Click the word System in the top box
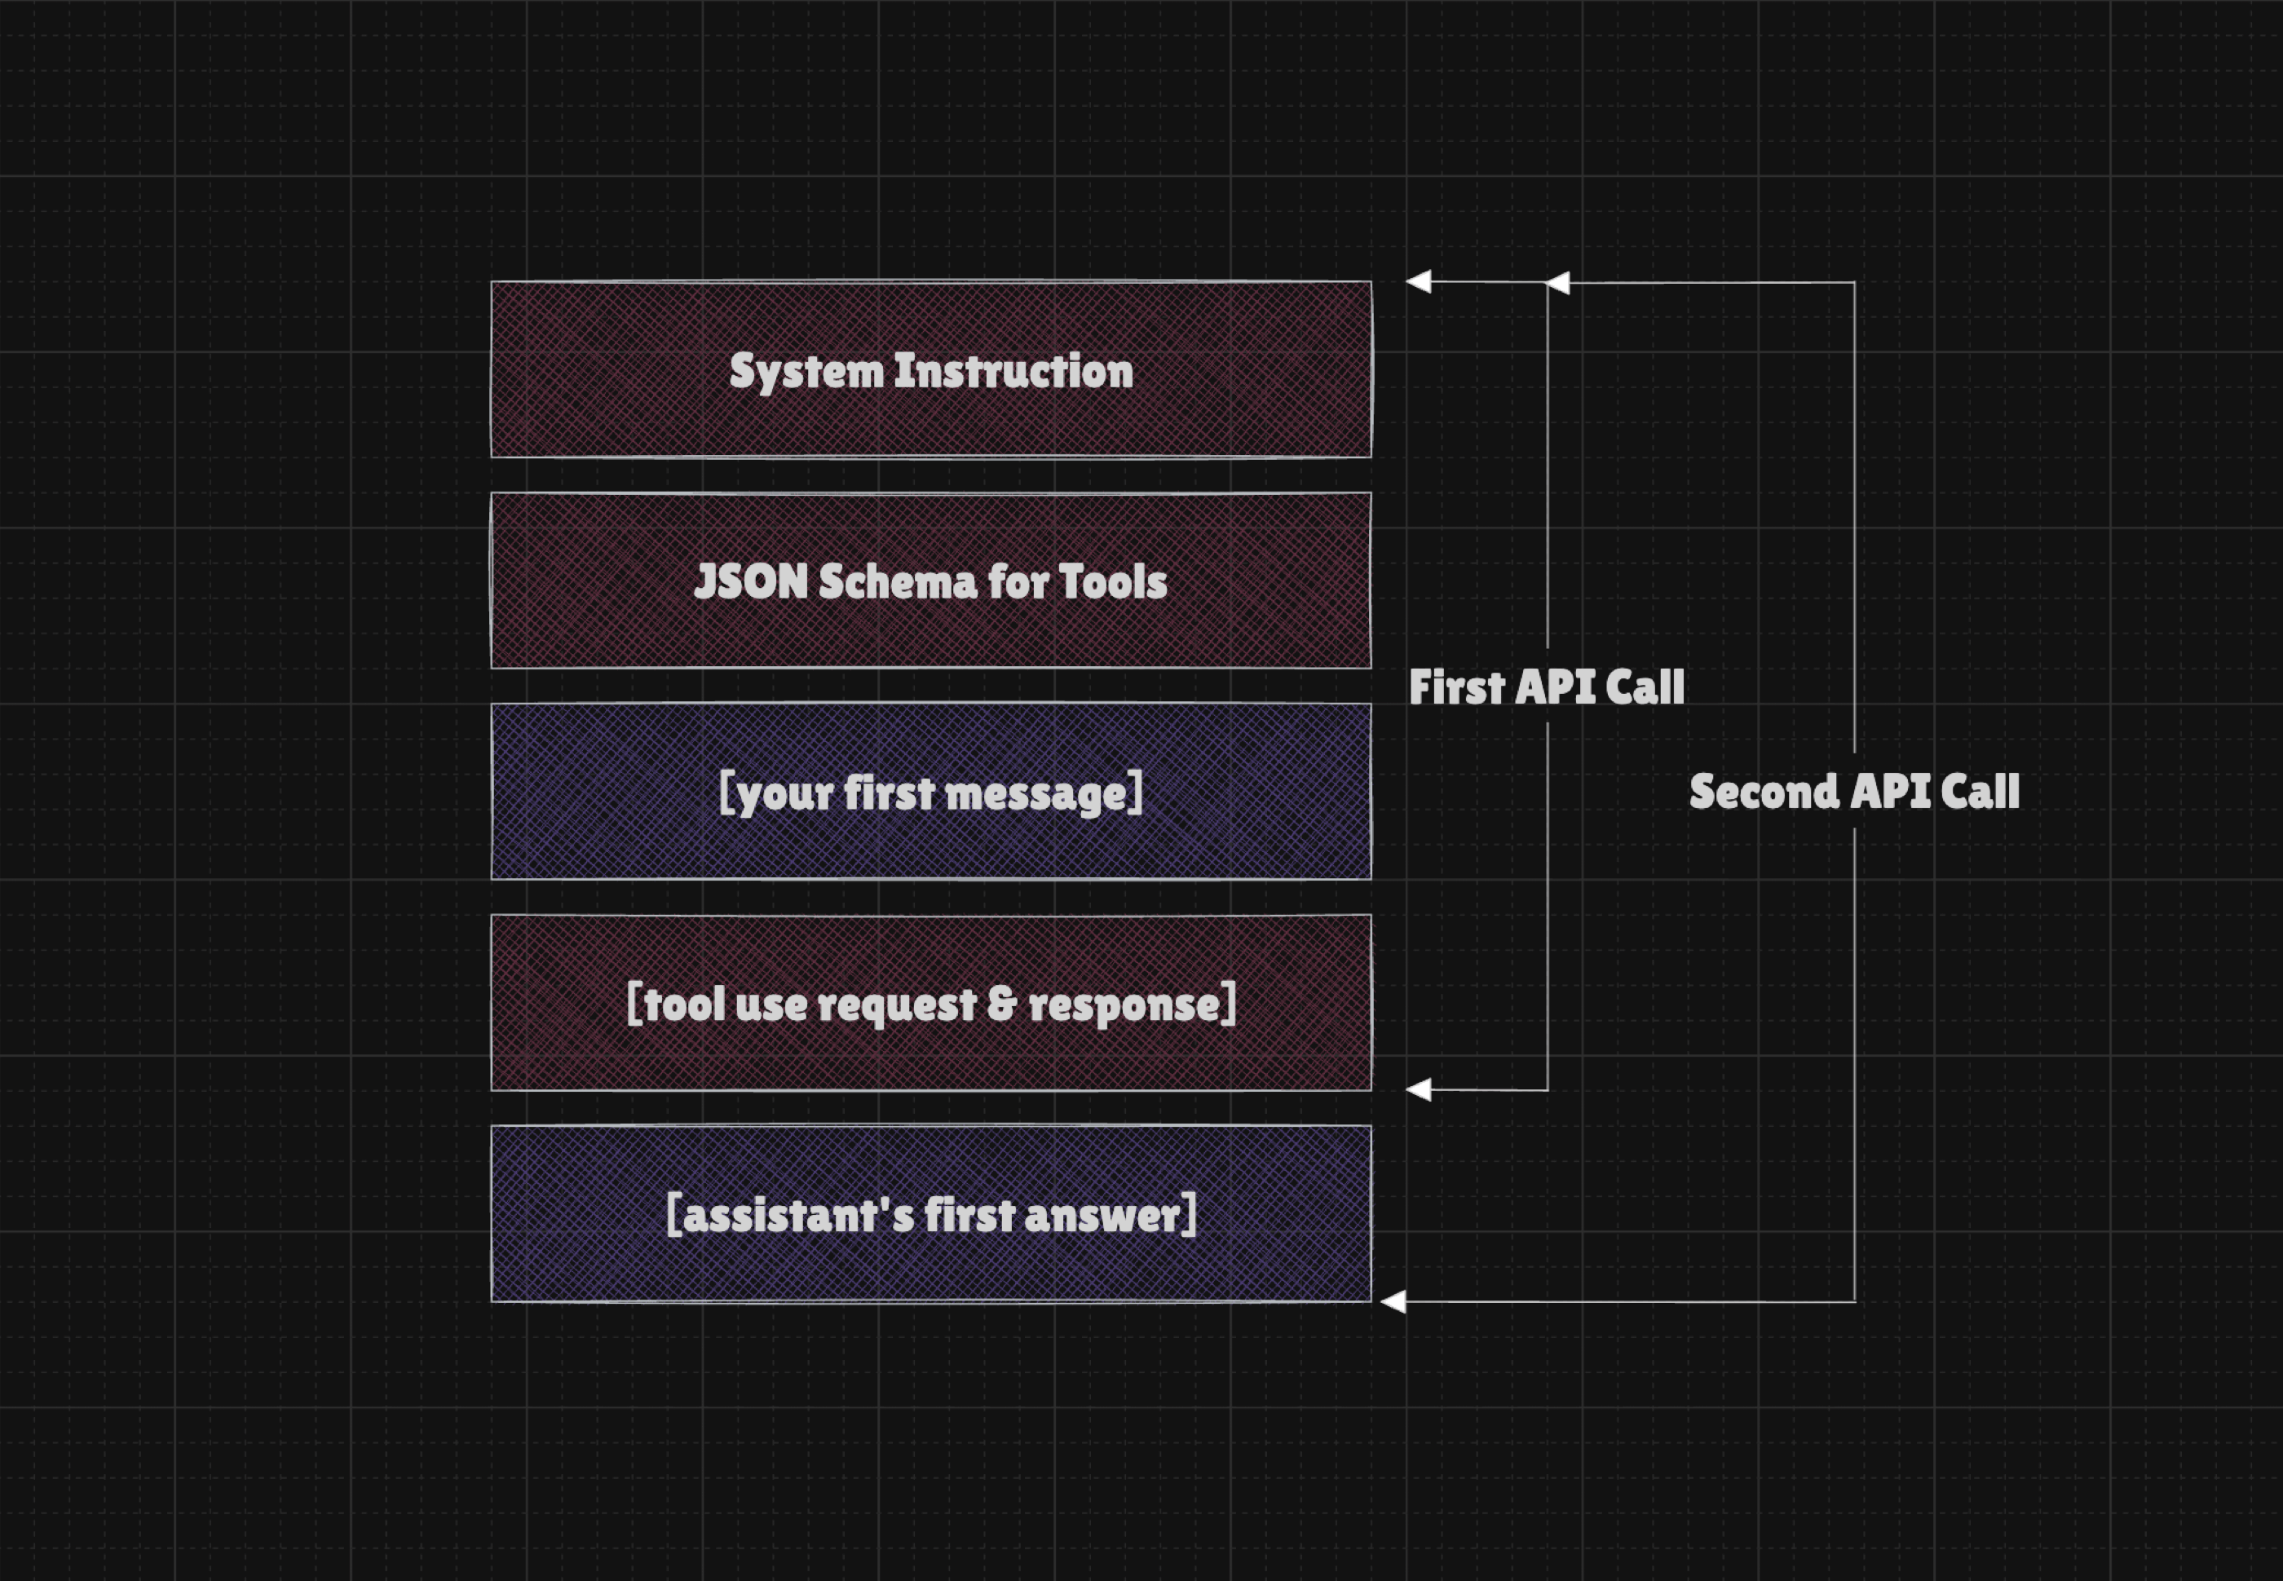point(806,373)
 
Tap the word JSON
point(752,581)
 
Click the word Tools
point(1113,581)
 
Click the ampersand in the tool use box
point(1002,1004)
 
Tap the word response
point(1124,1005)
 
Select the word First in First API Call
point(1456,687)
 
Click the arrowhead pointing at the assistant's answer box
point(1393,1301)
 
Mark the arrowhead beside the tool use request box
point(1419,1089)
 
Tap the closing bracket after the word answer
point(1190,1214)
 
